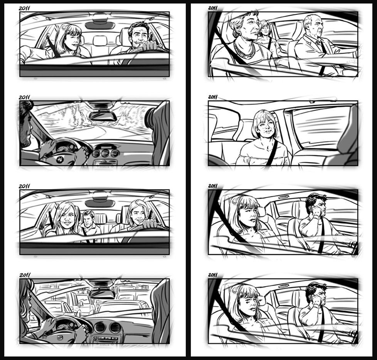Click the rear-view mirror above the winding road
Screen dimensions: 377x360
click(103, 116)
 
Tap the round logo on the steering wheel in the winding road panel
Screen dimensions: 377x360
click(60, 159)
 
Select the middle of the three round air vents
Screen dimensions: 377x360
click(105, 153)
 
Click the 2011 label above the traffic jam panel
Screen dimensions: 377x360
click(25, 275)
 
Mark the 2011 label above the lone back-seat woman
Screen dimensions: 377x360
click(213, 97)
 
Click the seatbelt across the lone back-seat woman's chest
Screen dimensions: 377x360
click(272, 152)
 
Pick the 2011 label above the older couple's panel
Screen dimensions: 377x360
click(213, 8)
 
